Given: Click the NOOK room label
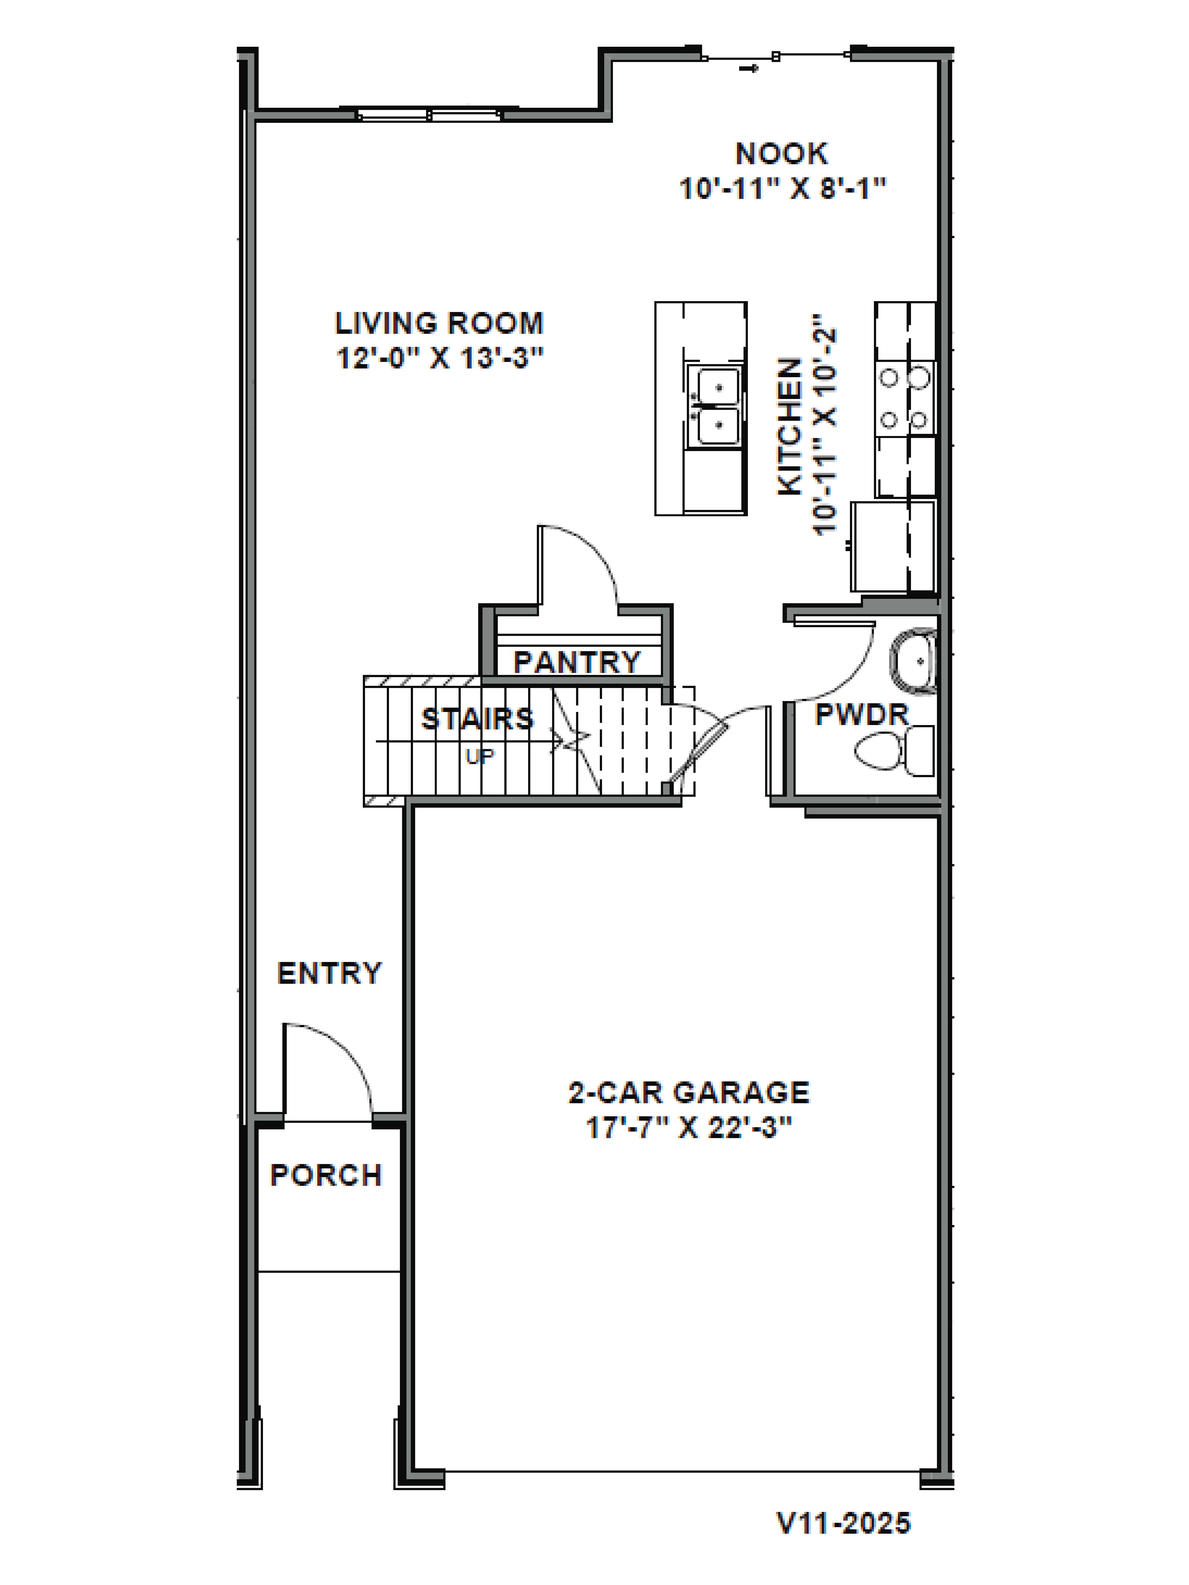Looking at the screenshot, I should click(x=781, y=154).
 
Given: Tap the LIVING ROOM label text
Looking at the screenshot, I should click(x=439, y=323).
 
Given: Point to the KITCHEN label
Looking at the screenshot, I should click(x=790, y=427).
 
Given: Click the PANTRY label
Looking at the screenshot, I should click(x=577, y=661).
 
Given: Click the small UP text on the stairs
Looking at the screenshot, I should click(x=480, y=756).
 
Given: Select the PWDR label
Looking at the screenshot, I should click(x=861, y=714).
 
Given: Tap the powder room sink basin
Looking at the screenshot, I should click(x=915, y=661).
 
